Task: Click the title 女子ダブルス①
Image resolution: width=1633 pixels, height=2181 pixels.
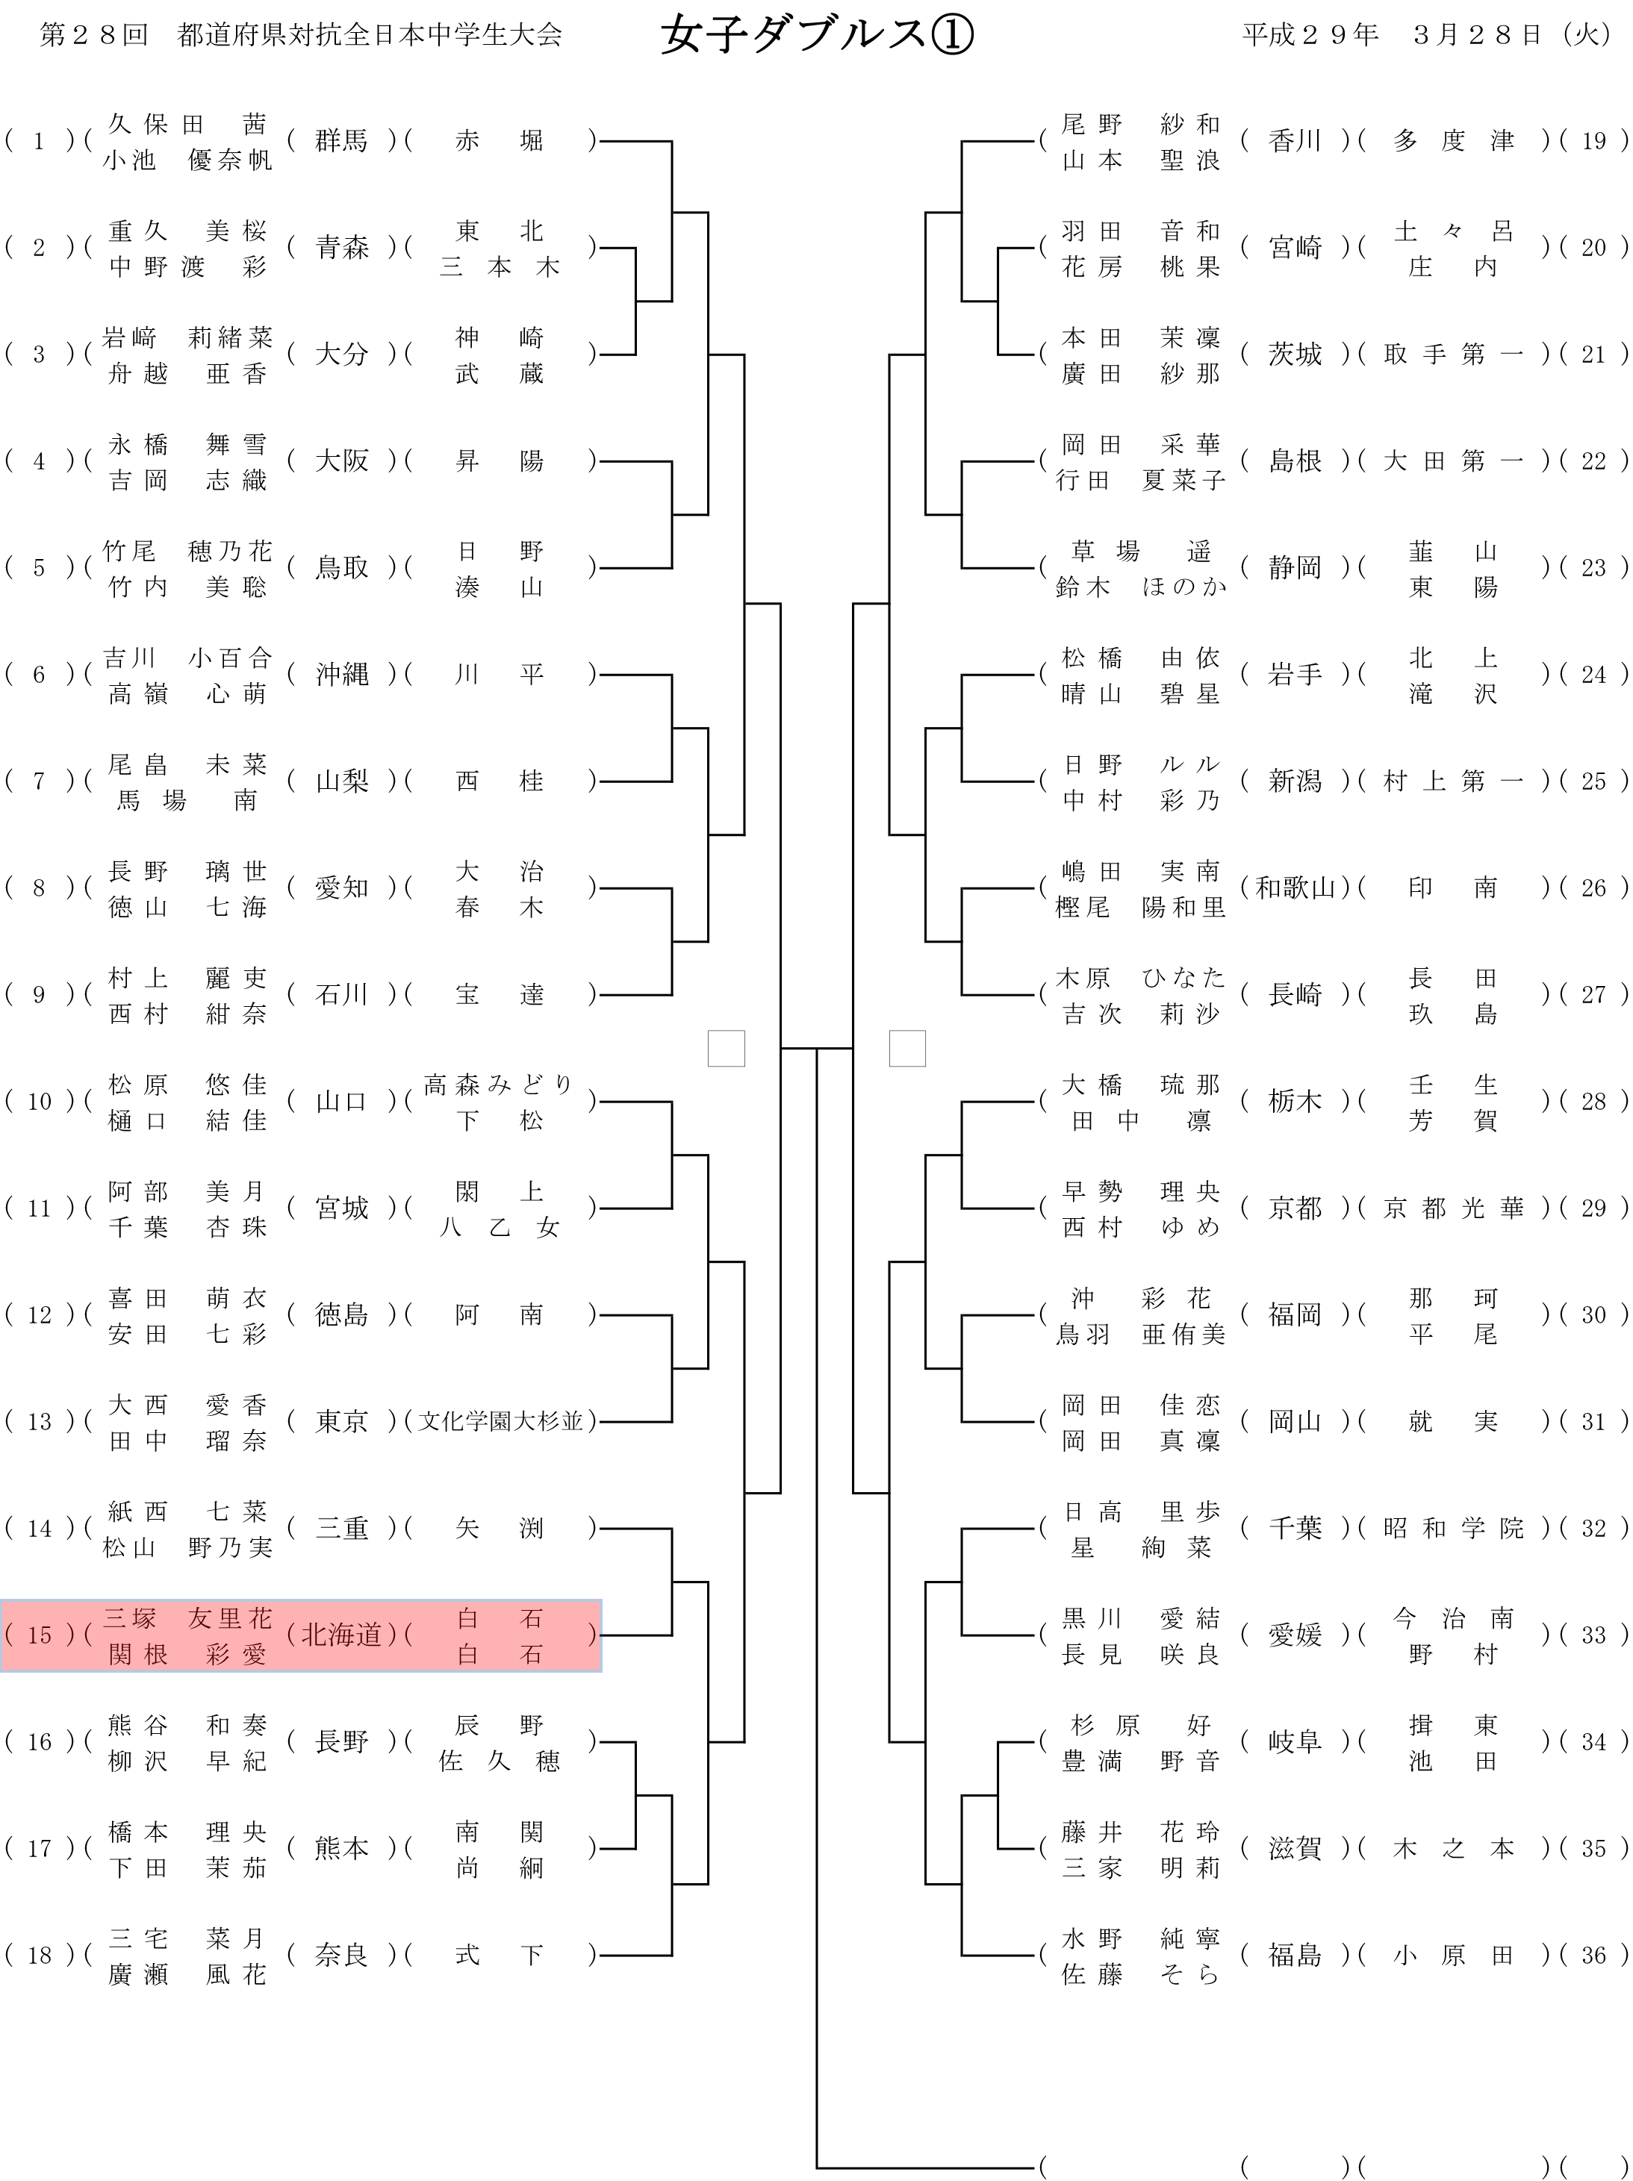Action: click(x=817, y=37)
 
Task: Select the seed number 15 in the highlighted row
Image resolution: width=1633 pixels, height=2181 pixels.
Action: click(x=39, y=1636)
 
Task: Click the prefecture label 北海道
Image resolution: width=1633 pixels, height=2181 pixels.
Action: click(x=341, y=1636)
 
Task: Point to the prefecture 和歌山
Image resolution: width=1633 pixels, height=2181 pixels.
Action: click(x=1295, y=888)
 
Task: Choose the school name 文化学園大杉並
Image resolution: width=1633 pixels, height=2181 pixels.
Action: click(x=500, y=1422)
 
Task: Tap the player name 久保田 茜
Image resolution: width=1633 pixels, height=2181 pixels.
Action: click(x=187, y=124)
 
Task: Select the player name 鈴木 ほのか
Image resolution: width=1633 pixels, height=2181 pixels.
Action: click(x=1141, y=587)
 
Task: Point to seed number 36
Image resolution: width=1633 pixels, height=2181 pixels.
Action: click(x=1593, y=1956)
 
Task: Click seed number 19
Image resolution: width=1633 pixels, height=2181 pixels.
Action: click(x=1593, y=141)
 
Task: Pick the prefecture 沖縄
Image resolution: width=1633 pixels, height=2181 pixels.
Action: click(x=341, y=675)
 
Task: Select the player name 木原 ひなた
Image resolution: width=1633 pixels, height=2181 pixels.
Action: click(x=1141, y=978)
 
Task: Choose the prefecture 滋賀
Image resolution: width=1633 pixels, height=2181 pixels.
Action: click(x=1295, y=1850)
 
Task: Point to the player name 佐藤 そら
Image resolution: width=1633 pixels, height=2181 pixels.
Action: click(x=1141, y=1975)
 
